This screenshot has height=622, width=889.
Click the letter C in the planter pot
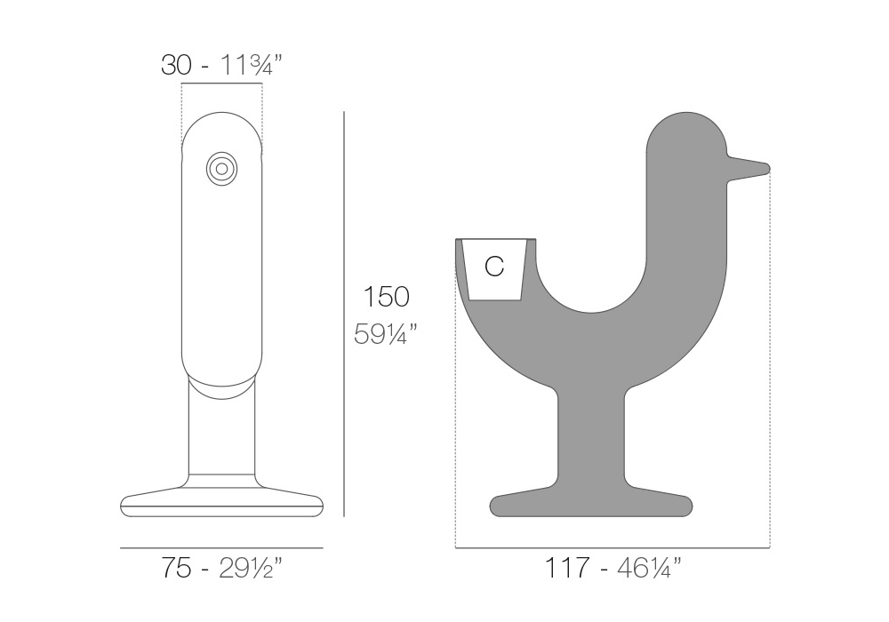coord(494,266)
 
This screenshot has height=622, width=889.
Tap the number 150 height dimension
coord(386,297)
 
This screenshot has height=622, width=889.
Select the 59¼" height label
coord(386,333)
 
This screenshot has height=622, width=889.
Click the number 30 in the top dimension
coord(176,65)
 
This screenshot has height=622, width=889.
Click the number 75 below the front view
coord(176,568)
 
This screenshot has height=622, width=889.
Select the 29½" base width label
coord(250,568)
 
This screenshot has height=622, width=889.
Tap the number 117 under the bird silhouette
coord(567,568)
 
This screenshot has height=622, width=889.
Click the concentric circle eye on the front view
coord(221,169)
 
